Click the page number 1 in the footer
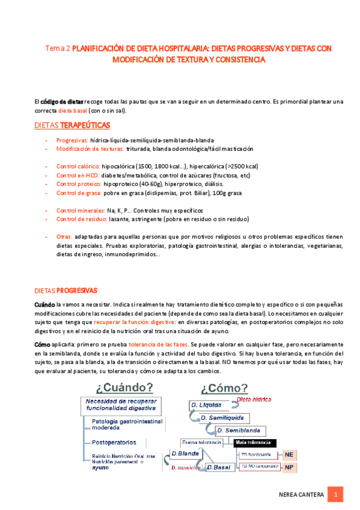coord(338,495)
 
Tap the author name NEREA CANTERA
coord(302,495)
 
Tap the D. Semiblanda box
coord(239,431)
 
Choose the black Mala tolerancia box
coord(255,443)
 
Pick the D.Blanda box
coord(185,453)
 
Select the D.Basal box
coord(219,467)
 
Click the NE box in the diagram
coord(289,455)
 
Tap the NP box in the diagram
coord(289,467)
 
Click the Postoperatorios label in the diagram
coord(116,442)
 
